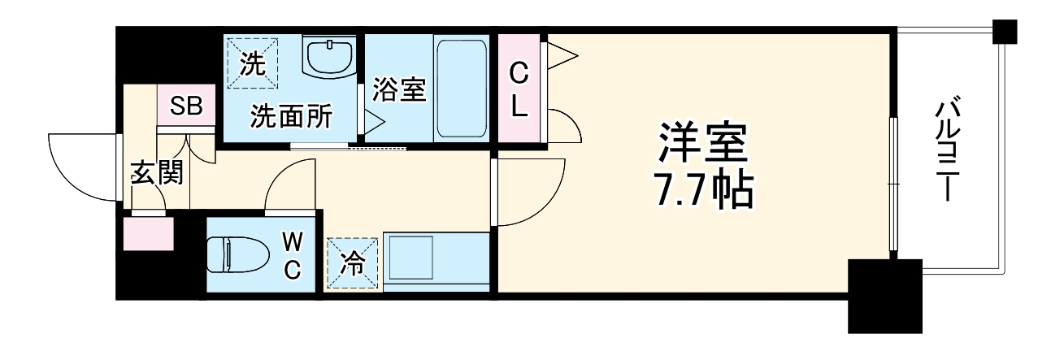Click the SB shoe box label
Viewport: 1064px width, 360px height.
tap(185, 106)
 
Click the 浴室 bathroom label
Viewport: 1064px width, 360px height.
tap(399, 89)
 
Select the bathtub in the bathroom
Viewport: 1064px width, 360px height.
tap(461, 89)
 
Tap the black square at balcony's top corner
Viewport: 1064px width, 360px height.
tap(1006, 32)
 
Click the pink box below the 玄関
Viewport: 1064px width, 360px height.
tap(148, 233)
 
